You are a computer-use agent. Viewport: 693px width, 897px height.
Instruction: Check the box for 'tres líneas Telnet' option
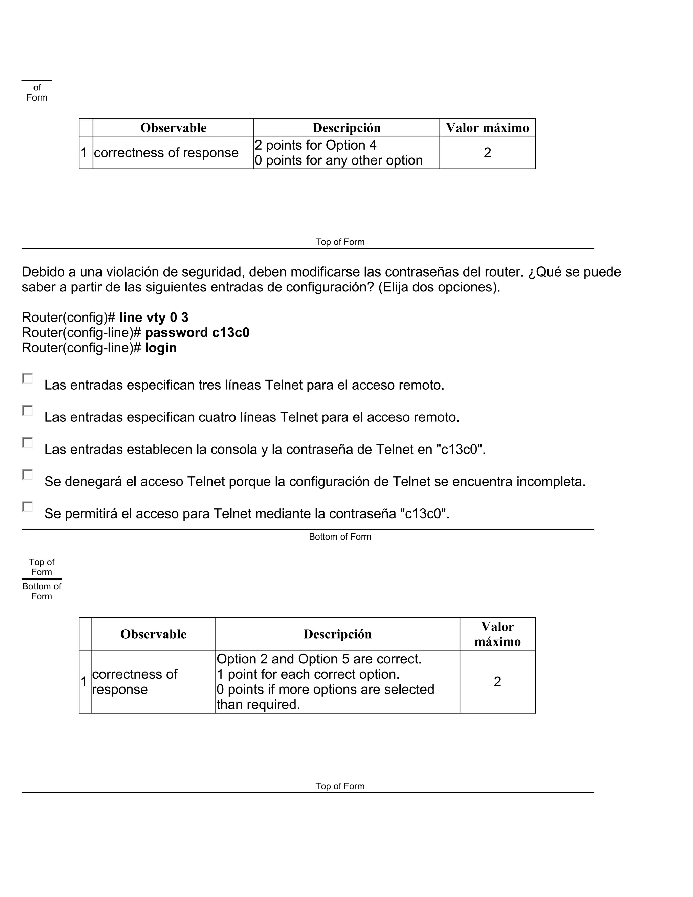[27, 378]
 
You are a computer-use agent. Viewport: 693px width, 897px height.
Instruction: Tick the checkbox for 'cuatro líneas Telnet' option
[27, 410]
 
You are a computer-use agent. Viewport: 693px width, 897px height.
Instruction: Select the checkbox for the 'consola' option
[27, 442]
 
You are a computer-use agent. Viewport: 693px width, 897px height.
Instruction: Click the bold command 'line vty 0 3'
[154, 317]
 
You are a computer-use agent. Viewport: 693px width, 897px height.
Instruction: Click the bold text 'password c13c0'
[197, 332]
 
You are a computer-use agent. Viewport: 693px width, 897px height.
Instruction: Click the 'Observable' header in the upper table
[173, 128]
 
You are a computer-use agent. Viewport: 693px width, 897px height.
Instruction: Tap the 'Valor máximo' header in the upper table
[487, 128]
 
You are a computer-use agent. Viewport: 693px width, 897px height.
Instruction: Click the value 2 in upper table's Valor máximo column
[487, 152]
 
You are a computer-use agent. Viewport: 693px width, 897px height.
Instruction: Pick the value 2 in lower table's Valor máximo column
[497, 681]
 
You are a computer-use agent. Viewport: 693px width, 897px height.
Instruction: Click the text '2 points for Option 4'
[315, 145]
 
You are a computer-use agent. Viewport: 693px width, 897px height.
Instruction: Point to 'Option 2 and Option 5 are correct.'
[319, 659]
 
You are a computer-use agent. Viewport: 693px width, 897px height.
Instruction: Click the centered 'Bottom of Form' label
[340, 537]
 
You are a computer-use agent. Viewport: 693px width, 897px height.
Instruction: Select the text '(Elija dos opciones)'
[439, 287]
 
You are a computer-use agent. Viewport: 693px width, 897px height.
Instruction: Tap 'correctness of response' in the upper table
[166, 152]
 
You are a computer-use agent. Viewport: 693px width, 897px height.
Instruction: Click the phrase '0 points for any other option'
[339, 160]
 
